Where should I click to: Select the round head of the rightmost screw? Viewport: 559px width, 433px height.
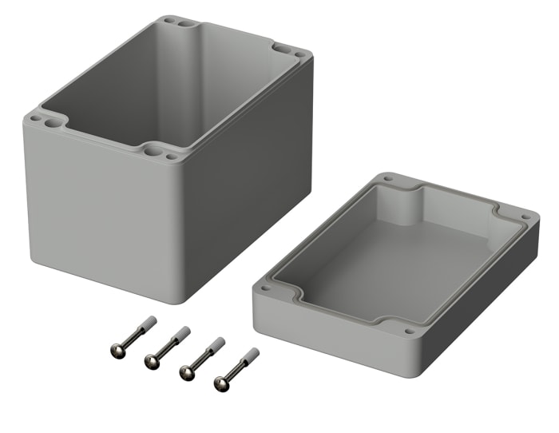220,383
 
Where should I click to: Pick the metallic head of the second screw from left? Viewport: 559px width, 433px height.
150,362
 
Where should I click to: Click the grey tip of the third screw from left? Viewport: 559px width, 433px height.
216,344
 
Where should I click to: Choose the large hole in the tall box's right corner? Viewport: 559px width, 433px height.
285,49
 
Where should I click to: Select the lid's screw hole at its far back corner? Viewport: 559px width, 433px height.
388,181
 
